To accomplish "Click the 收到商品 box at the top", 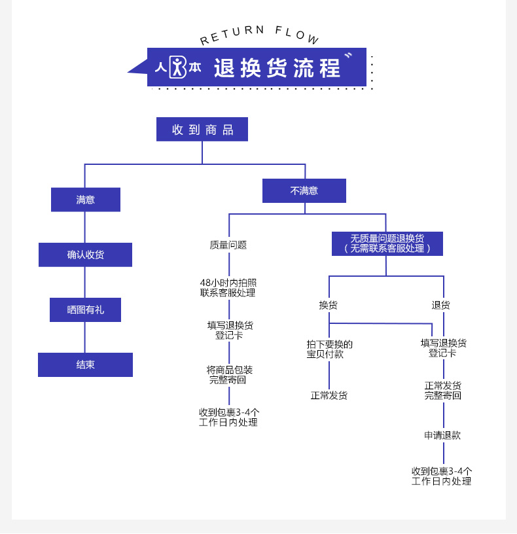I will click(x=202, y=130).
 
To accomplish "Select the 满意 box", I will click(x=86, y=200).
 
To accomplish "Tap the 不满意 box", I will click(x=304, y=191).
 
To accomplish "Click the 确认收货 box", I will click(x=85, y=255).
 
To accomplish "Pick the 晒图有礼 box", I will click(x=85, y=310).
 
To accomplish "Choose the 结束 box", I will click(x=85, y=365).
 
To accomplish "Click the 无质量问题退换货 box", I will click(x=387, y=243).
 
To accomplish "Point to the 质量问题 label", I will click(x=228, y=245).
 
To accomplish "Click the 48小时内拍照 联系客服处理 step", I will click(x=228, y=288).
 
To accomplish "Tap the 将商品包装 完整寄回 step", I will click(x=228, y=375).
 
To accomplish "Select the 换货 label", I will click(x=329, y=305).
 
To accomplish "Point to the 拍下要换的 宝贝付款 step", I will click(x=329, y=349).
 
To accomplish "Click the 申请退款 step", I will click(x=442, y=435).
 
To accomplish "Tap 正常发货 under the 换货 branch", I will click(x=329, y=395).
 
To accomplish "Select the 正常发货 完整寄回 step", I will click(x=443, y=391).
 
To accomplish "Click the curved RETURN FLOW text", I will click(x=260, y=35).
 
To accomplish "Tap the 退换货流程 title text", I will click(x=277, y=68).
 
